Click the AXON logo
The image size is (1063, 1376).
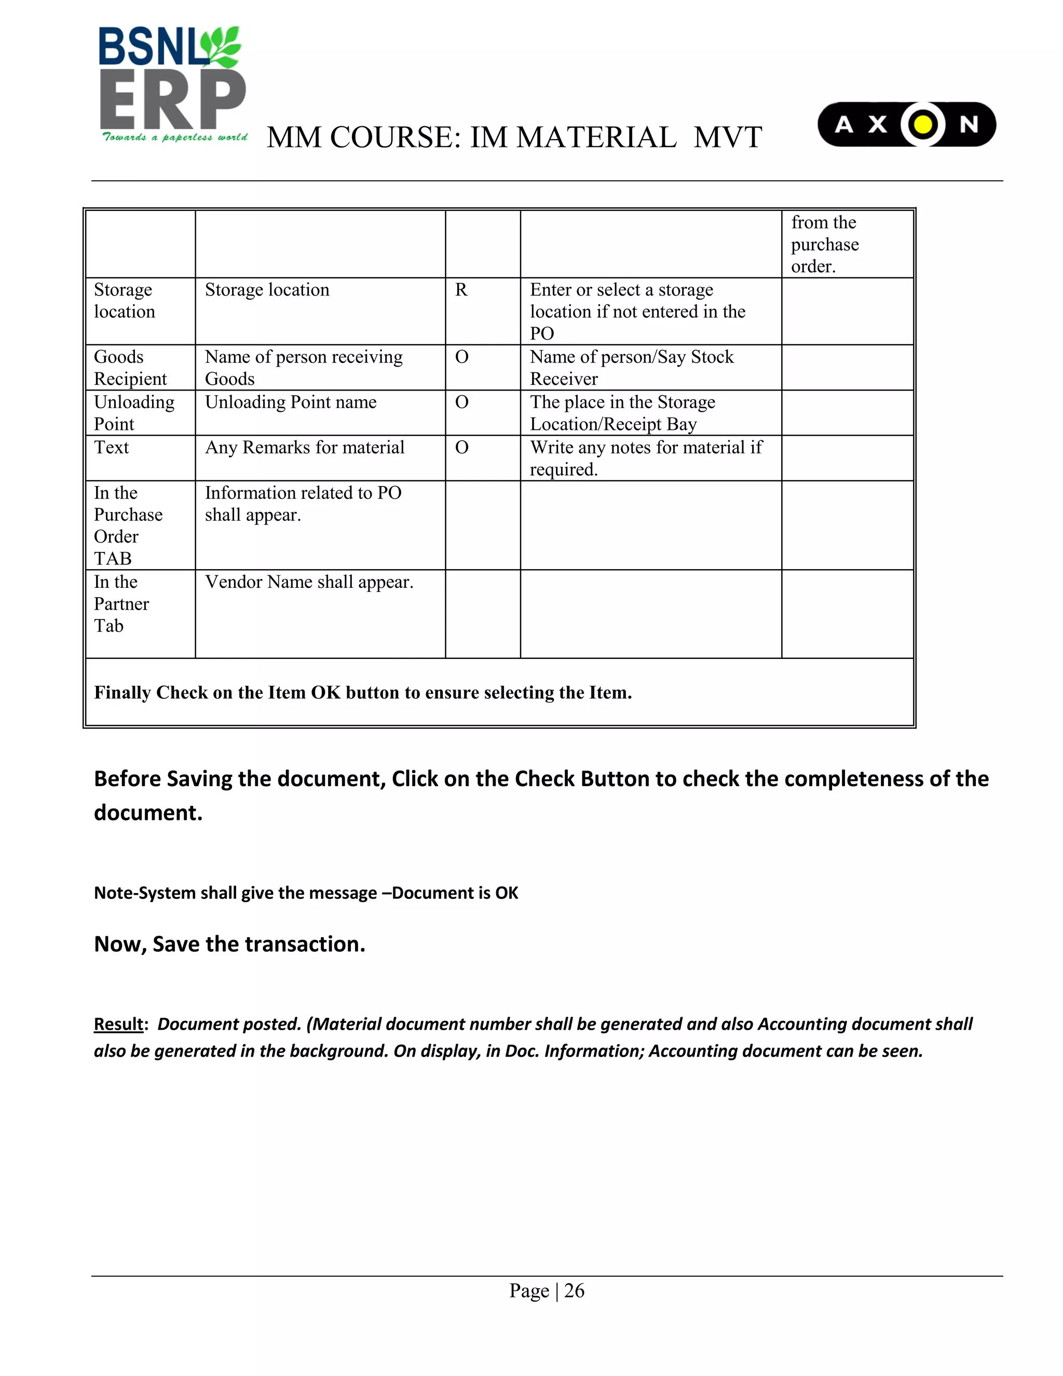point(906,124)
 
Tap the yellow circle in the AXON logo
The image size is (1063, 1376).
point(922,124)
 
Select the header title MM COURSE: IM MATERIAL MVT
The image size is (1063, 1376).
point(514,138)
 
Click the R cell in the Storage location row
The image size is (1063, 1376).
point(461,290)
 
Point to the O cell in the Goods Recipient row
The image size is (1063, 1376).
point(461,357)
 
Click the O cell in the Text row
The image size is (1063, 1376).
point(461,447)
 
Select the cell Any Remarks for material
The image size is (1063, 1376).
point(304,447)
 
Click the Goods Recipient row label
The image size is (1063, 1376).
point(130,368)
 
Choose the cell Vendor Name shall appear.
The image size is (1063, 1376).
point(309,582)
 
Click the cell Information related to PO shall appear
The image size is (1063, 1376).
point(303,504)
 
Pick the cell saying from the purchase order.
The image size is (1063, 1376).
point(824,245)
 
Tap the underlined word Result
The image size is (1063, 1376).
point(118,1024)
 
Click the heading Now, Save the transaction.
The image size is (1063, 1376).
point(229,944)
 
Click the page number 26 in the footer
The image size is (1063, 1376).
point(574,1291)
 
